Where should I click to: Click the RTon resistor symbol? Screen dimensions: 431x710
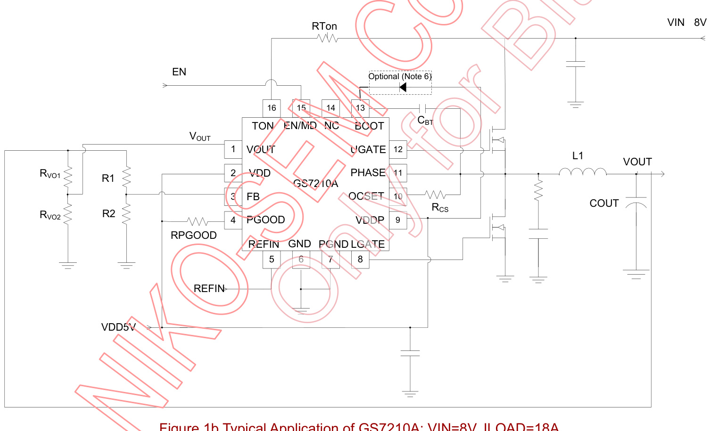point(328,38)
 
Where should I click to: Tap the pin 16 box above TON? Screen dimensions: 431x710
point(272,108)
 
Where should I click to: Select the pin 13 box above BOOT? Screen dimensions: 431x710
point(360,108)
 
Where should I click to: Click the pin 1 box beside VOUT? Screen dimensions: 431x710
point(233,149)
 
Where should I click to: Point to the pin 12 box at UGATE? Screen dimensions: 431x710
point(398,149)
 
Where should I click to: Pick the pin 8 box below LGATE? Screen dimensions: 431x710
point(360,259)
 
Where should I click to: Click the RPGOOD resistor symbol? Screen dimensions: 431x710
point(198,221)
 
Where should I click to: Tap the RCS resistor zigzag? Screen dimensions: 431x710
point(435,194)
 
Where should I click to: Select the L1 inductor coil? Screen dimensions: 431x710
point(583,172)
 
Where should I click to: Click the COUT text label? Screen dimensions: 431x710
point(604,203)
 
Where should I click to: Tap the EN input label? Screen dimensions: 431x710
point(179,72)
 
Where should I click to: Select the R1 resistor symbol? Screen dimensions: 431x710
point(126,178)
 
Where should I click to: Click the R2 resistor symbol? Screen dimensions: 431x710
point(126,214)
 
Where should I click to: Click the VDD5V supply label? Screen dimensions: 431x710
point(118,327)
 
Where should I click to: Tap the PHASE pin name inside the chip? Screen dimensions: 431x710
point(368,172)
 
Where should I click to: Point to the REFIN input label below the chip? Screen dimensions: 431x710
point(209,288)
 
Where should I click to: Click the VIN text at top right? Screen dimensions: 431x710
point(676,22)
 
